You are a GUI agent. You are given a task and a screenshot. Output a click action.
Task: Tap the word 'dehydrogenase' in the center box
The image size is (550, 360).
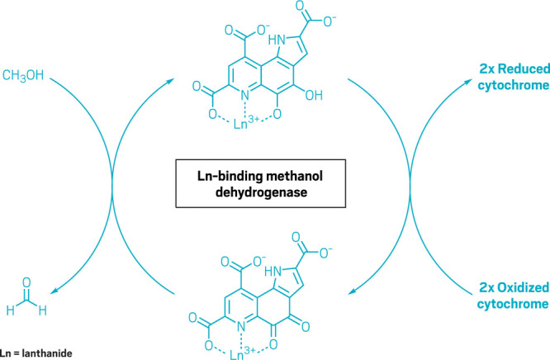[274, 185]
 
